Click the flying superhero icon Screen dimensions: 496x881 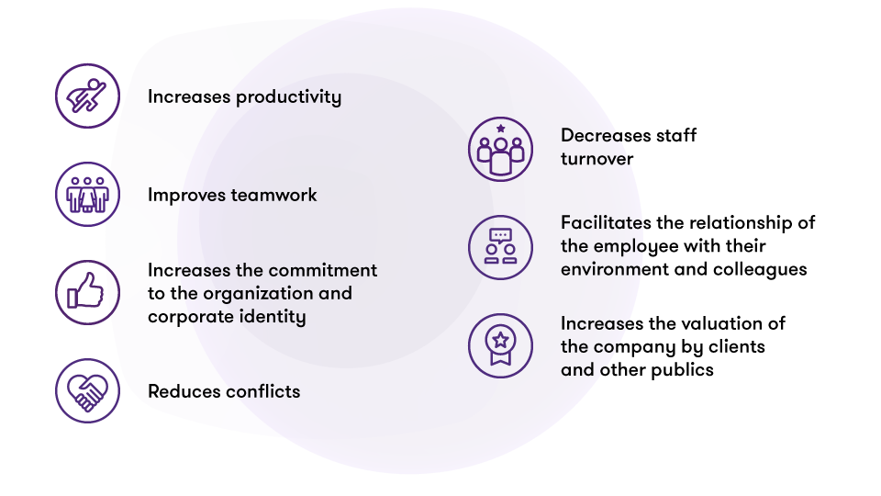coord(87,96)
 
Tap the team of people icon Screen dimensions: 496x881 coord(87,194)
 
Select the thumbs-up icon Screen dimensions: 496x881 coord(87,292)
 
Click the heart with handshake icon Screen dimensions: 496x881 coord(87,390)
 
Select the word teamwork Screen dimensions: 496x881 coord(274,195)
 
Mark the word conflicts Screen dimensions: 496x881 coord(262,391)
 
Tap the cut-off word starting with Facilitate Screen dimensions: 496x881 coord(602,222)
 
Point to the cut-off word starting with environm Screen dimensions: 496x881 coord(601,270)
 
